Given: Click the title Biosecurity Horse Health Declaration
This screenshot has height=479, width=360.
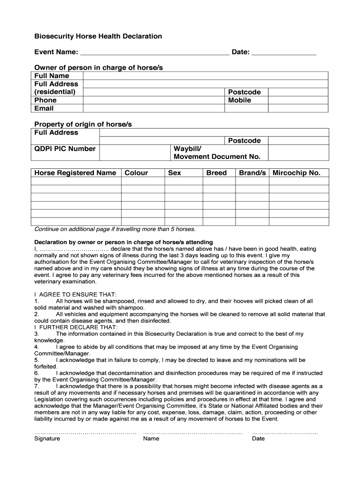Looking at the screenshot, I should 98,36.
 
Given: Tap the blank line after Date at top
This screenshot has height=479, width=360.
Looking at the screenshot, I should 284,52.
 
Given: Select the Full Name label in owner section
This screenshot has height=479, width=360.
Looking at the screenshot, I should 52,76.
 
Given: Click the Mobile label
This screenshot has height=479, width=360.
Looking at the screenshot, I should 239,100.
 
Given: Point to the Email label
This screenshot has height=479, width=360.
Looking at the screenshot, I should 44,108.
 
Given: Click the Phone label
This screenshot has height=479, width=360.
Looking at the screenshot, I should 45,100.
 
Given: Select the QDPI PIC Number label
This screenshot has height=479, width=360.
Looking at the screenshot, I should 65,149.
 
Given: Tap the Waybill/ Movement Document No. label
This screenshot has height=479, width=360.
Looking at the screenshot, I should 217,152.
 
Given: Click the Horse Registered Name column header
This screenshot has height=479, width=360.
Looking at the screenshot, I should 75,173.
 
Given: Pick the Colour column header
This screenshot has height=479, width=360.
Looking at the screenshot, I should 136,173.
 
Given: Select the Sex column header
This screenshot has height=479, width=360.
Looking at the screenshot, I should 174,173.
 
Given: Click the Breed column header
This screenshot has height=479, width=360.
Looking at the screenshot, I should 216,173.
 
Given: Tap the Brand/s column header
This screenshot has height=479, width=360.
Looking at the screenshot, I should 252,173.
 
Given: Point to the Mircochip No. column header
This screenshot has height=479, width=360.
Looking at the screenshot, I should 296,173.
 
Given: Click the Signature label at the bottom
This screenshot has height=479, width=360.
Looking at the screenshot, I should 47,438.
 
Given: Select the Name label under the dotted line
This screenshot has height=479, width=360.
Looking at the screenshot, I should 151,438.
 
